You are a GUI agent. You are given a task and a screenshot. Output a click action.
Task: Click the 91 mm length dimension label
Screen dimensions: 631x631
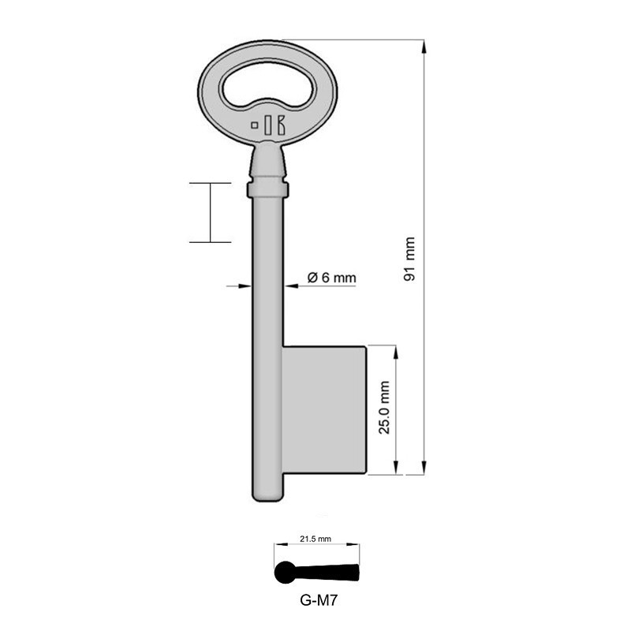[x=409, y=259]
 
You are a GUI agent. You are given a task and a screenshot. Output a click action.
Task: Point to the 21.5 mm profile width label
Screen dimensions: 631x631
[x=315, y=539]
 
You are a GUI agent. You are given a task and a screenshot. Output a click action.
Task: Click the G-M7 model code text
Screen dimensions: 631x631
[x=315, y=598]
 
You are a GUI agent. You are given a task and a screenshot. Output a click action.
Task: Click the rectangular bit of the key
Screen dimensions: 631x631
[x=324, y=410]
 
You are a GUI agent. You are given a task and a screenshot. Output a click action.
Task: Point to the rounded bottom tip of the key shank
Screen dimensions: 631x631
[x=267, y=495]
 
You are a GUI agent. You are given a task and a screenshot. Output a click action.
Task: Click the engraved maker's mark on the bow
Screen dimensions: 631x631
[x=268, y=124]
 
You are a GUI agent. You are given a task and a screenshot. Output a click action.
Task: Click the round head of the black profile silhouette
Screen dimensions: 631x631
[x=284, y=573]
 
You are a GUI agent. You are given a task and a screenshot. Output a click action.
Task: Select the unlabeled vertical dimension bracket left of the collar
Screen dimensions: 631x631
[x=210, y=211]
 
